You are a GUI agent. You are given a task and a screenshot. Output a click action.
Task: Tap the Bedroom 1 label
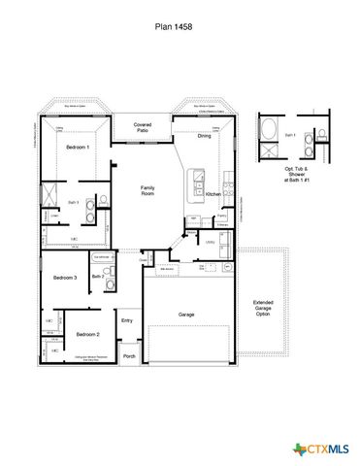[78, 147]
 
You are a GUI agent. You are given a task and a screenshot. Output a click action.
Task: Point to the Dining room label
[204, 136]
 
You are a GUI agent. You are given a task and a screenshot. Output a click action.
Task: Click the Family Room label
[148, 189]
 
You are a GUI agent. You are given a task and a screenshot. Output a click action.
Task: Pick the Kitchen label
[213, 193]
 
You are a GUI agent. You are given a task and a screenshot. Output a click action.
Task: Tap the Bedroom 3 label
[65, 278]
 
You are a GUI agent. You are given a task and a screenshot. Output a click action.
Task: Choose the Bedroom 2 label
[87, 333]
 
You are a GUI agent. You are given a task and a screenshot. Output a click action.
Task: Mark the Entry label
[126, 320]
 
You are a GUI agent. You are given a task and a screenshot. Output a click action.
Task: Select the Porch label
[129, 356]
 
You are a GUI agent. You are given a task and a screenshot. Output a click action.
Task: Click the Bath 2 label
[97, 277]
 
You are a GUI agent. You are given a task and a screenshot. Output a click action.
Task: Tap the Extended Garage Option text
[262, 308]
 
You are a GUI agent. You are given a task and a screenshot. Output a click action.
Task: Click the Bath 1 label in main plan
[73, 201]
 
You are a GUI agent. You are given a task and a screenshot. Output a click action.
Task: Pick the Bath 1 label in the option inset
[265, 135]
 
